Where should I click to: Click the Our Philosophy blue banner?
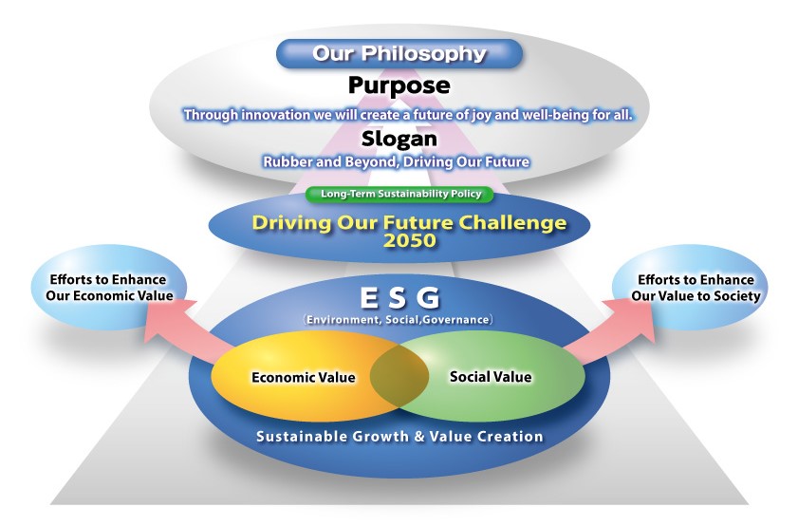coord(399,53)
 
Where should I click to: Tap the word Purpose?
coord(399,85)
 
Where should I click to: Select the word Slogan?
coord(399,139)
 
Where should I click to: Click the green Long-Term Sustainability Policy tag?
coord(400,194)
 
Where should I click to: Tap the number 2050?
coord(410,240)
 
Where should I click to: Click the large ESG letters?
coord(399,298)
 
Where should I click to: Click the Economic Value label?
coord(304,377)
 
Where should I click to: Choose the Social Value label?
coord(491,377)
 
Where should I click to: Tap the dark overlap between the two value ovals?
coord(399,376)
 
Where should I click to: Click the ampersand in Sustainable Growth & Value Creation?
coord(418,437)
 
